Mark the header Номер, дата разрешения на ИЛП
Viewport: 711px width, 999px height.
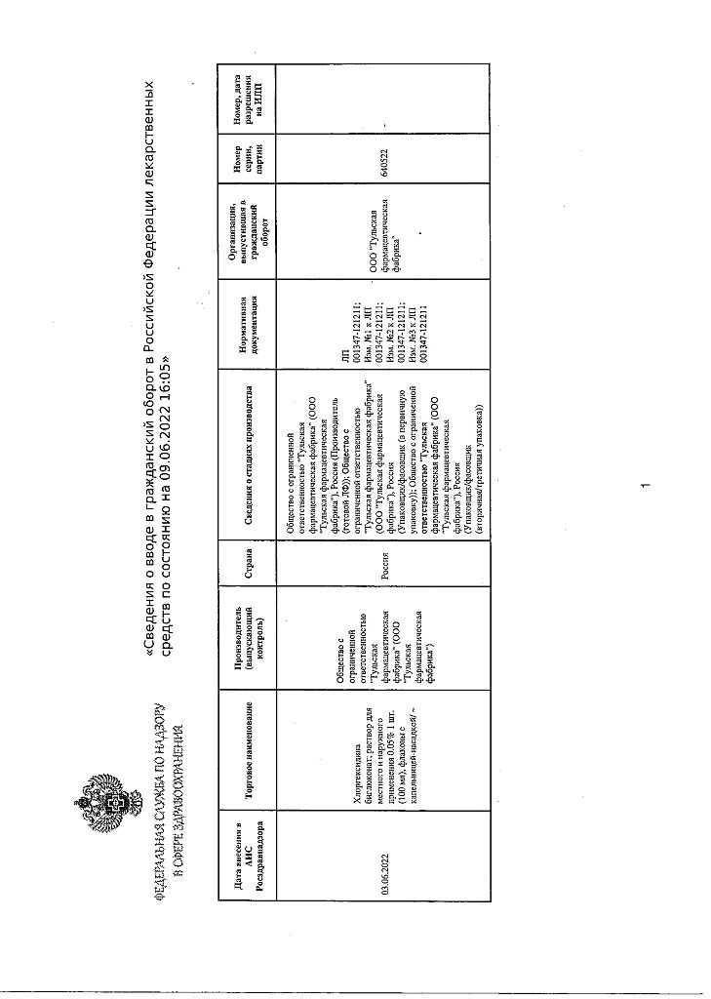(x=251, y=98)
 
